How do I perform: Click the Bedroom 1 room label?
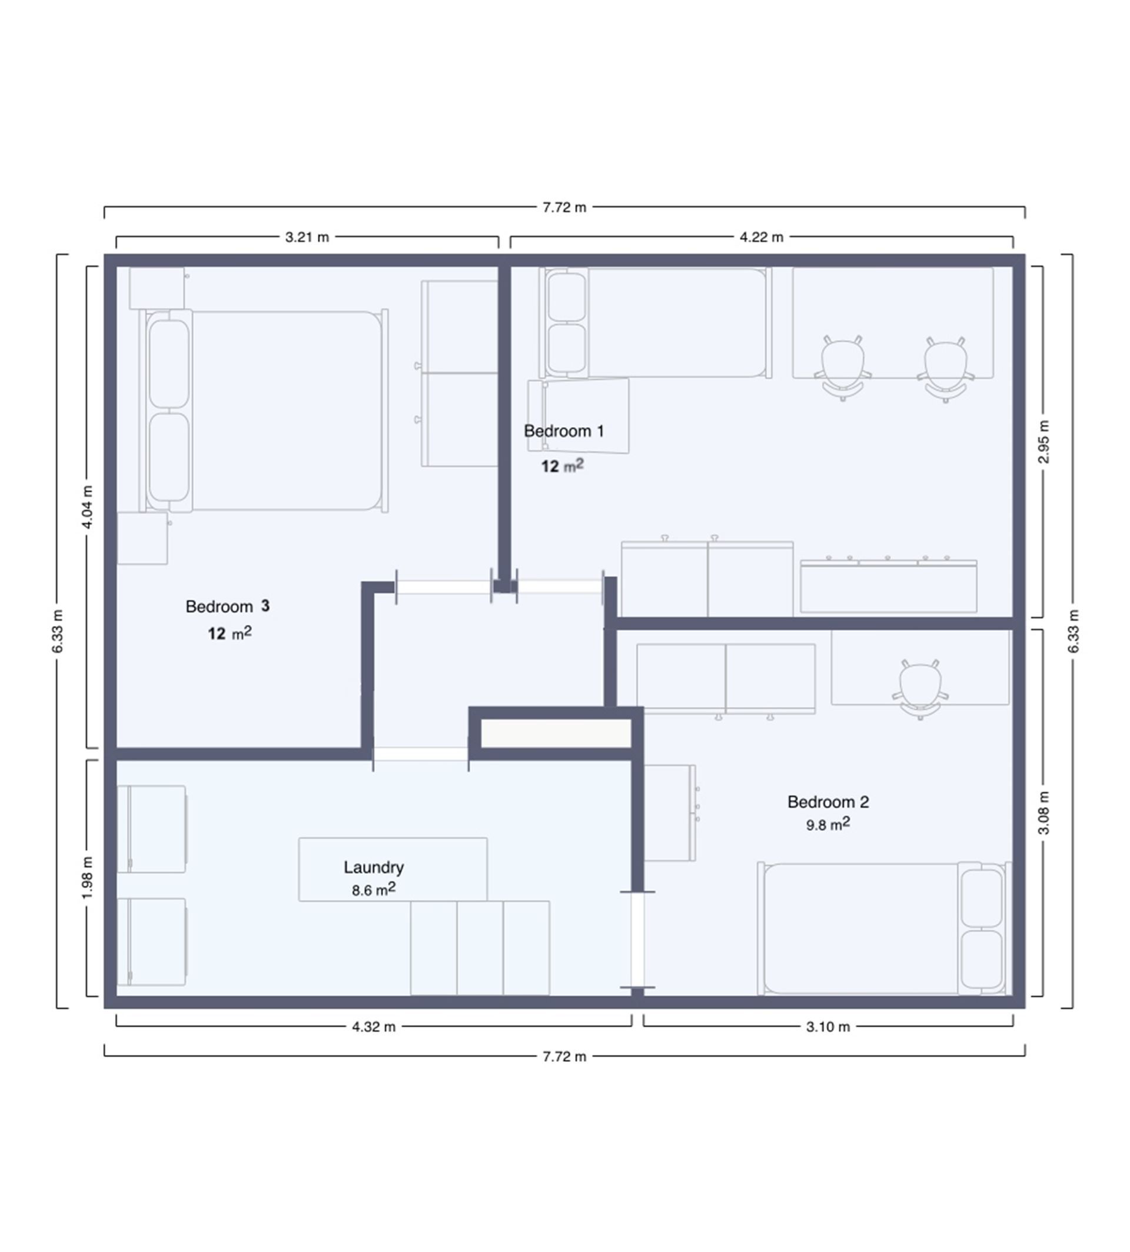563,431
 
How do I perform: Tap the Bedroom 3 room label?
227,607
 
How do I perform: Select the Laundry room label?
373,867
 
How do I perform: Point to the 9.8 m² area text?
827,824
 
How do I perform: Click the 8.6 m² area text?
373,890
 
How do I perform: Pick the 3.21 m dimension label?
307,237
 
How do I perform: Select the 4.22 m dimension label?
761,237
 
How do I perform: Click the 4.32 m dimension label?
373,1027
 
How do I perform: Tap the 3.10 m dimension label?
827,1027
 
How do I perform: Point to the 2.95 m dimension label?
1043,441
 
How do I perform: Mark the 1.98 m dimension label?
88,877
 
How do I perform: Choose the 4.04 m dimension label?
88,507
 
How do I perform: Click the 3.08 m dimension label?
1043,813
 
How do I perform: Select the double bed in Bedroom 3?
264,411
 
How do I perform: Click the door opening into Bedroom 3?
443,587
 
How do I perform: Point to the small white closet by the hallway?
556,733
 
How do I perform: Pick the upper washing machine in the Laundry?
152,828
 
